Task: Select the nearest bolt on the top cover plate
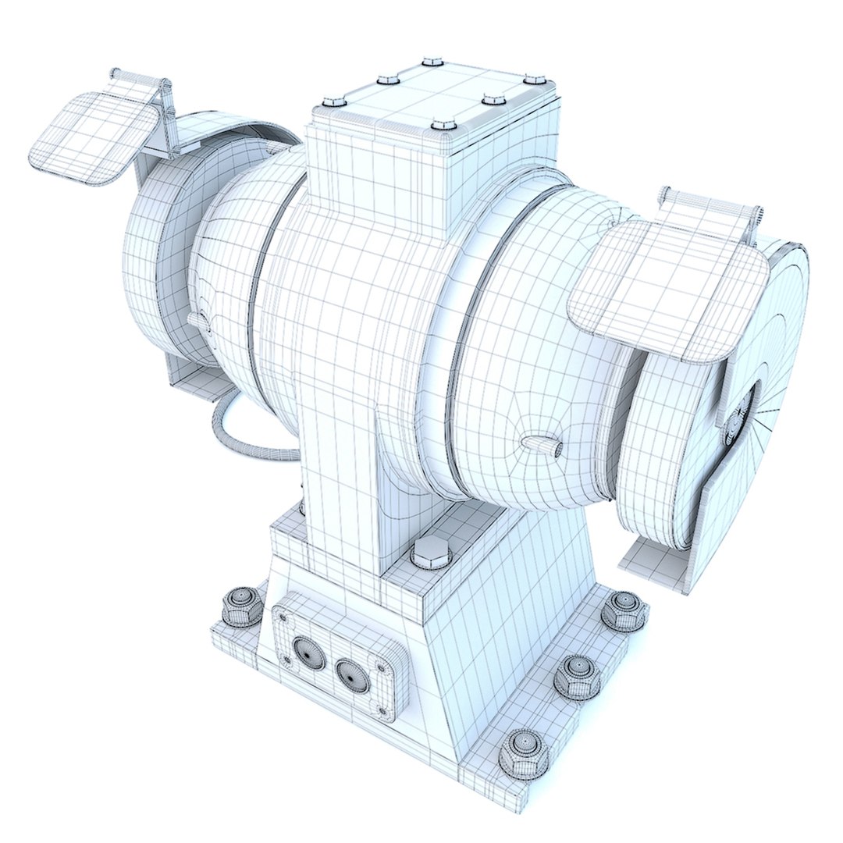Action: pyautogui.click(x=443, y=124)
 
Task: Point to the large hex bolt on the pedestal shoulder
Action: pyautogui.click(x=431, y=553)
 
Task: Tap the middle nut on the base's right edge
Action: pyautogui.click(x=578, y=676)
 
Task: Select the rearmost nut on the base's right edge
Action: pyautogui.click(x=625, y=609)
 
